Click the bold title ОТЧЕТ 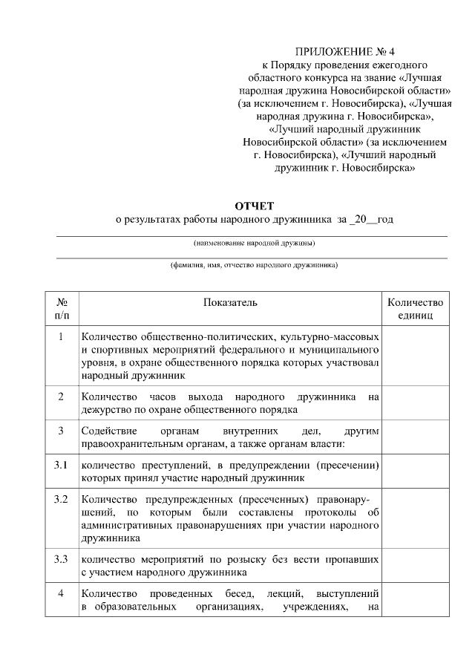pos(255,205)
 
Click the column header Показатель pos(230,303)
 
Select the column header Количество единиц pos(415,309)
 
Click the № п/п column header pos(62,309)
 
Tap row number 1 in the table pos(62,336)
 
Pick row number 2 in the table pos(62,396)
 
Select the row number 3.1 pos(62,466)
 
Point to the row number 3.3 pos(62,558)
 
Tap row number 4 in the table pos(62,593)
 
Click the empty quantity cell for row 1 pos(415,356)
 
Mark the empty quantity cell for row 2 pos(415,402)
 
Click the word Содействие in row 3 pos(108,431)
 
